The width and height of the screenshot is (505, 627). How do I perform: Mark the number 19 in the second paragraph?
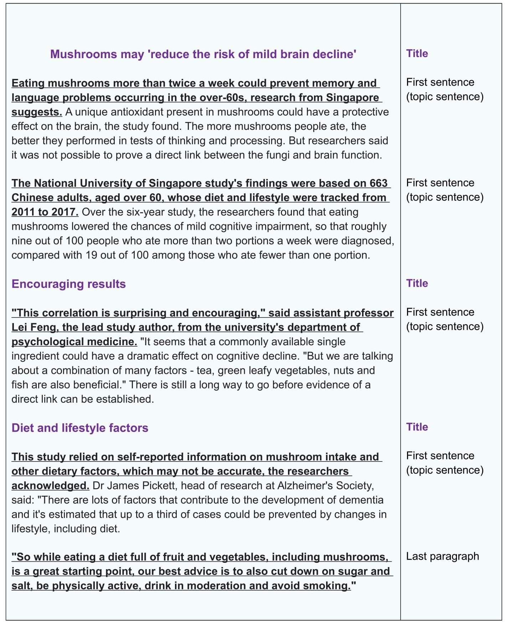pos(91,255)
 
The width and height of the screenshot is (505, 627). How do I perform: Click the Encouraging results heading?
pos(69,284)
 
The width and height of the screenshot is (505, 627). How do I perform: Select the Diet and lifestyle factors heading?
pos(80,428)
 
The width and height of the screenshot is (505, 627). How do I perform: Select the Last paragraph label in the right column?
pos(442,556)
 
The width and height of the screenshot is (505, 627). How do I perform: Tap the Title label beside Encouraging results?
pos(417,284)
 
